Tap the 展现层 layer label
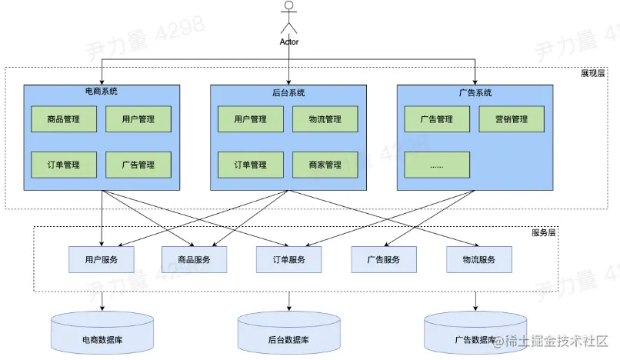pos(593,74)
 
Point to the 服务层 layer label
pos(544,232)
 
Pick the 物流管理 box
pos(325,119)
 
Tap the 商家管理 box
pos(325,165)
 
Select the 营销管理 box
pos(511,119)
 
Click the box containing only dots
pos(437,165)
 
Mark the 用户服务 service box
pos(102,260)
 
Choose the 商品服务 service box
pos(195,260)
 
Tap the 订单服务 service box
pos(289,260)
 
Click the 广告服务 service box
pos(384,260)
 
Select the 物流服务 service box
pos(478,260)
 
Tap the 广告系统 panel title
pos(475,93)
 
